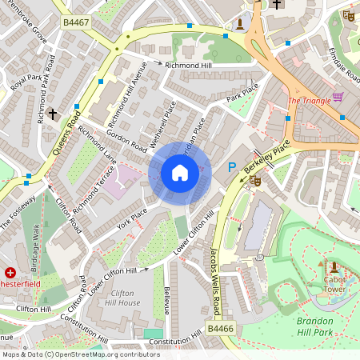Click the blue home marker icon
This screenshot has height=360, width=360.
[x=180, y=172]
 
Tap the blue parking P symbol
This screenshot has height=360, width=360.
[x=232, y=167]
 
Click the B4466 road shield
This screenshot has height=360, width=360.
[x=221, y=328]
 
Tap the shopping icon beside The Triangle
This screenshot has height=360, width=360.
[x=338, y=98]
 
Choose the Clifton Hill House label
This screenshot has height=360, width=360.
[x=124, y=298]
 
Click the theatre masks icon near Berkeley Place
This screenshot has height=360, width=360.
[x=256, y=182]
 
